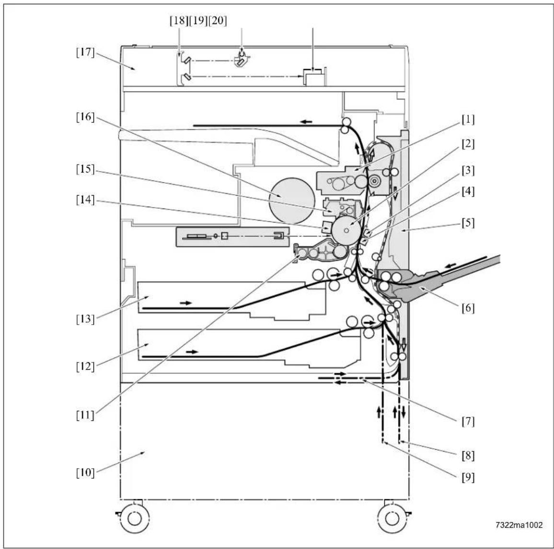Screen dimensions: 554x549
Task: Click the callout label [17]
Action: (x=85, y=53)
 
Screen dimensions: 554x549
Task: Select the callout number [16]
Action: (x=85, y=117)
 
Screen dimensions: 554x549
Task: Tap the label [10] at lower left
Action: (x=85, y=472)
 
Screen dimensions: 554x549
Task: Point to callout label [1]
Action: (x=468, y=119)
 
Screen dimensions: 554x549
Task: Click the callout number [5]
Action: (x=468, y=223)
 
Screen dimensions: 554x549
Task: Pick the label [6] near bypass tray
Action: (x=468, y=308)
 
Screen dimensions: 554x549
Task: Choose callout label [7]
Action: (x=468, y=421)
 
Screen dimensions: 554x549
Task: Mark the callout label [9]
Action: (x=468, y=478)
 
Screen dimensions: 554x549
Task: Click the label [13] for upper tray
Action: (x=85, y=319)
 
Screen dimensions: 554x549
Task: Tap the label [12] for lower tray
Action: (x=85, y=366)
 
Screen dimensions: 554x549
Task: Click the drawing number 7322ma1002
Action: (x=519, y=525)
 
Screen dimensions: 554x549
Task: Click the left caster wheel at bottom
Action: (x=134, y=519)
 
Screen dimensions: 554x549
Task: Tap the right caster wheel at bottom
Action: (x=392, y=519)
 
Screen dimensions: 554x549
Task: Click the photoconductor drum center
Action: (x=346, y=231)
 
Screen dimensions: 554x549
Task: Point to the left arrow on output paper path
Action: (x=306, y=122)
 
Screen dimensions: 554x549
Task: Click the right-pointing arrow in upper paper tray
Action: (x=186, y=303)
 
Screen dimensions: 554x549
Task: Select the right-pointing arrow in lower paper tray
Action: (x=193, y=352)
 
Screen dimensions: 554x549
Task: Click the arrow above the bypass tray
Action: (x=450, y=266)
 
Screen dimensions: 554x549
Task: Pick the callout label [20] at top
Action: (x=218, y=21)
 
